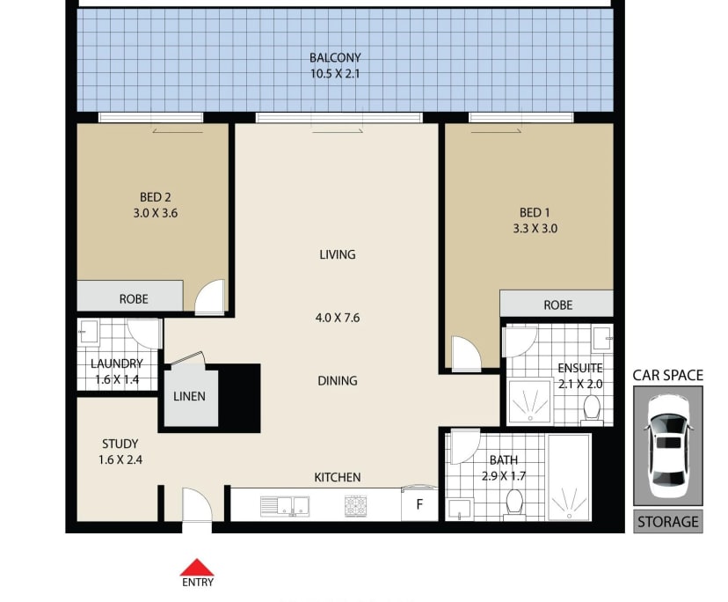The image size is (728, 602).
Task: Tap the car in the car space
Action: tap(668, 446)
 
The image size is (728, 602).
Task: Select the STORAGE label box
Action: tap(668, 522)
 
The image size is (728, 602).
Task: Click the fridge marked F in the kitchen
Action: tap(419, 504)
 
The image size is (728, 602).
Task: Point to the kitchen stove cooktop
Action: tap(355, 506)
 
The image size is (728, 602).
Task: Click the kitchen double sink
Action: tap(285, 506)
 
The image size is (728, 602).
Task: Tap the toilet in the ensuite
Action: tap(592, 408)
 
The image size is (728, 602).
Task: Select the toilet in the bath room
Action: tap(514, 503)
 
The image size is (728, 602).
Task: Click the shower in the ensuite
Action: tap(530, 402)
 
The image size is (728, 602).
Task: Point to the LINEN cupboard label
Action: tap(189, 397)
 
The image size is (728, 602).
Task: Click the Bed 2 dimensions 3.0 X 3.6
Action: tap(156, 213)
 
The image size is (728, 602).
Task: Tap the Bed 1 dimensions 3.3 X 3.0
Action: tap(535, 229)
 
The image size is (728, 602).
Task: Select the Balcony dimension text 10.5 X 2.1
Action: tap(335, 73)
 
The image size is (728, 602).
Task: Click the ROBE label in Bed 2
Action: tap(134, 299)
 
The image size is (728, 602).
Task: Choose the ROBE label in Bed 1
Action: tap(558, 305)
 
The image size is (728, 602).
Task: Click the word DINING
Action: tap(338, 381)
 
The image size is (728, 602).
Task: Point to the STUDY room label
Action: tap(120, 444)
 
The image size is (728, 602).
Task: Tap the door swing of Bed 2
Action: tap(210, 297)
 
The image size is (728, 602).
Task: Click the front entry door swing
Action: tap(197, 504)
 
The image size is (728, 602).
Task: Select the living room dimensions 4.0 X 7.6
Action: tap(338, 318)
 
